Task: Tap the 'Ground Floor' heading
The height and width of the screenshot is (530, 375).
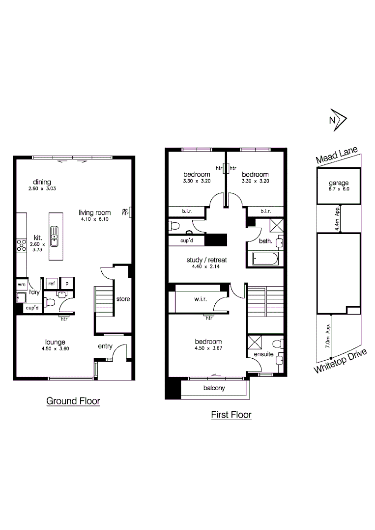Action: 73,401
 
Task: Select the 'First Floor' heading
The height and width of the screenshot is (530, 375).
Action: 231,415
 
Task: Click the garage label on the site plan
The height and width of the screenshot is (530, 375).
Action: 339,184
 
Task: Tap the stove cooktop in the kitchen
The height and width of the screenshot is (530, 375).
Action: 21,245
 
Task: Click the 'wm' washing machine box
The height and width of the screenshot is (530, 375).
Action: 21,284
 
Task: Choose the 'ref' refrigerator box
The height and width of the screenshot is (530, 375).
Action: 51,283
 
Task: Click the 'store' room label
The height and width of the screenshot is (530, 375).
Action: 123,298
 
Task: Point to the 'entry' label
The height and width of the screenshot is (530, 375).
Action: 105,346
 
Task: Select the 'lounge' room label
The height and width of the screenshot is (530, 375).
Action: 56,342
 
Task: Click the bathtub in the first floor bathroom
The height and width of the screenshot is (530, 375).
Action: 265,259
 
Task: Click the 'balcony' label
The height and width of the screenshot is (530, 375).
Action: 214,388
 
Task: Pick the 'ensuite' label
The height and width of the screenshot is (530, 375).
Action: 263,354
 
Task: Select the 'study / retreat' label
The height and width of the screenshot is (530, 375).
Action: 206,260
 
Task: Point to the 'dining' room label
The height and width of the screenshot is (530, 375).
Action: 42,182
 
